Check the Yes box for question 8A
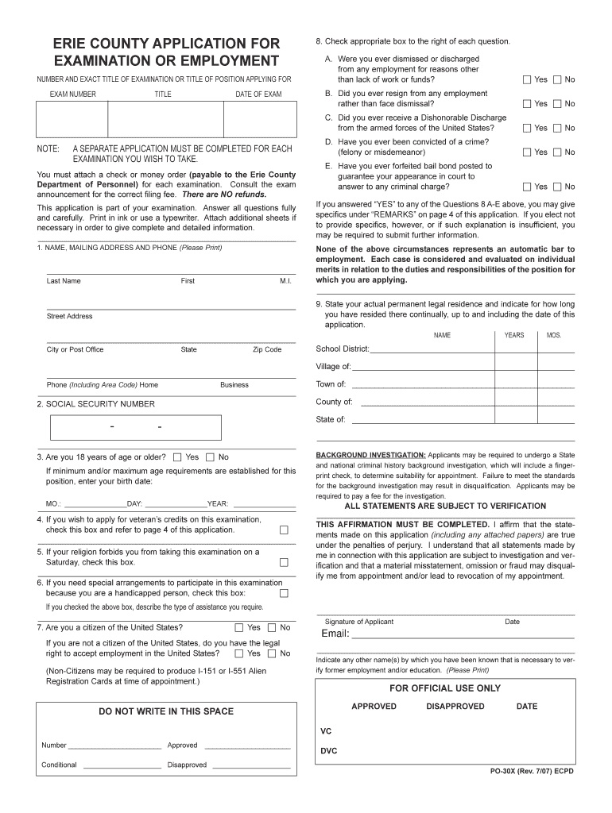(527, 79)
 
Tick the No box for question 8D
(557, 152)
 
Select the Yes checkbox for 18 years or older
(177, 457)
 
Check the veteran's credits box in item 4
(284, 530)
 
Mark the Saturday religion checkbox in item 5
(284, 562)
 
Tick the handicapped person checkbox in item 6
(284, 593)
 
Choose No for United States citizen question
(272, 627)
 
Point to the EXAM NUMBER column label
(73, 94)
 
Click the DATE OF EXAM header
(258, 94)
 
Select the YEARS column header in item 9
(514, 335)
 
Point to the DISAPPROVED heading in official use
(455, 707)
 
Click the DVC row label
(328, 750)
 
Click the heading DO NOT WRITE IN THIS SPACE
(166, 711)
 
